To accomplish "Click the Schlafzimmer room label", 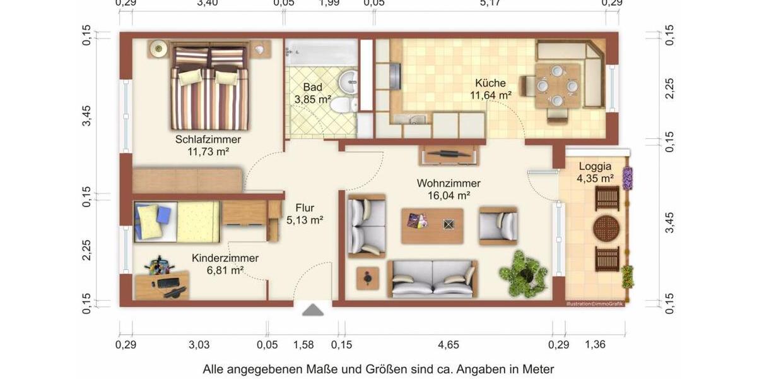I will (x=208, y=140).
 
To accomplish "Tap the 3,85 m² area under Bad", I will (x=313, y=99).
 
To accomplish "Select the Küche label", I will (x=490, y=83).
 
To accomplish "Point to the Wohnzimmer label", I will (x=449, y=183).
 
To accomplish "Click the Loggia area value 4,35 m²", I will (x=596, y=179).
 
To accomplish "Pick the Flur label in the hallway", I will (x=305, y=208).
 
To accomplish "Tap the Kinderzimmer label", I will (x=225, y=258).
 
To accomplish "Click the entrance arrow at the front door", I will (x=313, y=310).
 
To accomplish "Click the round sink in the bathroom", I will (x=348, y=80).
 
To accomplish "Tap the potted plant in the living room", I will (x=523, y=272).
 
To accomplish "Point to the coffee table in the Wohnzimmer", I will (x=432, y=224).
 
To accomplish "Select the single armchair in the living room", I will (x=498, y=225).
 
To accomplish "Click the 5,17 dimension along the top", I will (x=490, y=3).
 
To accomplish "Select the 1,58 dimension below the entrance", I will (x=303, y=345).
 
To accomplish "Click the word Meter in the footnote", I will (x=537, y=369).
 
